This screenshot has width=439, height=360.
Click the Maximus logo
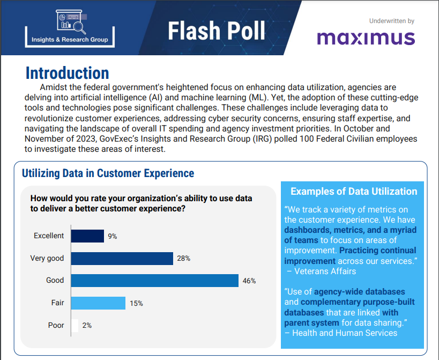pyautogui.click(x=366, y=38)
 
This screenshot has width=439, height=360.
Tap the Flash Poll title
pyautogui.click(x=217, y=31)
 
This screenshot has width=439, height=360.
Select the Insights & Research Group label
pyautogui.click(x=70, y=39)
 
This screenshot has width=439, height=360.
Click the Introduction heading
pyautogui.click(x=68, y=73)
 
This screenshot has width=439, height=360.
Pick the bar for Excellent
pyautogui.click(x=87, y=236)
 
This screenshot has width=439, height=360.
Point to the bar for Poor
pyautogui.click(x=75, y=326)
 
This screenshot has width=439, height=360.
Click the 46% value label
pyautogui.click(x=249, y=281)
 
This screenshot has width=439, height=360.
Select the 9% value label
pyautogui.click(x=113, y=236)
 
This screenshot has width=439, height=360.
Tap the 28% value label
pyautogui.click(x=184, y=259)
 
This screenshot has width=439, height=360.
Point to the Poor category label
pyautogui.click(x=56, y=326)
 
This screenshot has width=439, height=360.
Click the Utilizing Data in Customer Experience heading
pyautogui.click(x=108, y=173)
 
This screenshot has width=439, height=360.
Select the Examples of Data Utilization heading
pyautogui.click(x=354, y=192)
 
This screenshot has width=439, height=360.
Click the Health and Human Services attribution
pyautogui.click(x=341, y=333)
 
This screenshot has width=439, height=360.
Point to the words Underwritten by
pyautogui.click(x=392, y=21)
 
